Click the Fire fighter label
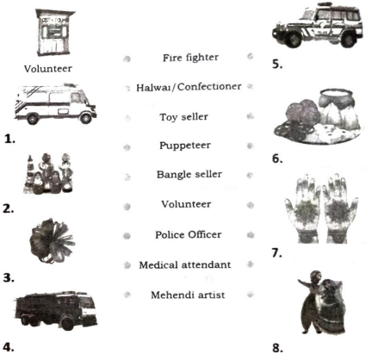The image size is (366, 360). coord(190,58)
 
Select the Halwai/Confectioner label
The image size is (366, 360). coord(189,87)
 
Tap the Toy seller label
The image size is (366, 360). coord(184,117)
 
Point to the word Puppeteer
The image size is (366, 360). coord(185,146)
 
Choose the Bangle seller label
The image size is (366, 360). coord(189,175)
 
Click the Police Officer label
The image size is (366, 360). coord(189,234)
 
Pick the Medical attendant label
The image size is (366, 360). coord(185,264)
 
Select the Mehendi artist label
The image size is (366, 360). coord(188,295)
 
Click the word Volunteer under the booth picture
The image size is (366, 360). coord(48,69)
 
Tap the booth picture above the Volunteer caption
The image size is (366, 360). coord(54,33)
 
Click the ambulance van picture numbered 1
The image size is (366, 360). coord(55,104)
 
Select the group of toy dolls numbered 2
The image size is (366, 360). coord(49,174)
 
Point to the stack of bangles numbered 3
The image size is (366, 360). coord(53,240)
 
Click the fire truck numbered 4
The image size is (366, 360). coord(56,310)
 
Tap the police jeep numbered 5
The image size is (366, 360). coord(317,25)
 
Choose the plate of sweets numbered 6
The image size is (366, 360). coord(318,116)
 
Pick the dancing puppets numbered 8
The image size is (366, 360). coord(321,302)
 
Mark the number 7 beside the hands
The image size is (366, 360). coord(276,253)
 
